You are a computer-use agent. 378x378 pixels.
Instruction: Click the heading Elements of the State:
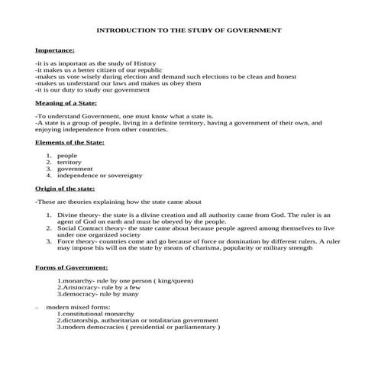point(69,142)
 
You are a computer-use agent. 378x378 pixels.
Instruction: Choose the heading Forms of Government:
point(72,267)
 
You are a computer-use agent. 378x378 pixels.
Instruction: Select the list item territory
point(73,162)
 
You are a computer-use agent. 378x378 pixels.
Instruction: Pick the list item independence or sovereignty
point(95,175)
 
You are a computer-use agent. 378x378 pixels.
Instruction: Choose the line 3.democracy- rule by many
point(98,293)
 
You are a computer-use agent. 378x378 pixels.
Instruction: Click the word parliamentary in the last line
point(194,328)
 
